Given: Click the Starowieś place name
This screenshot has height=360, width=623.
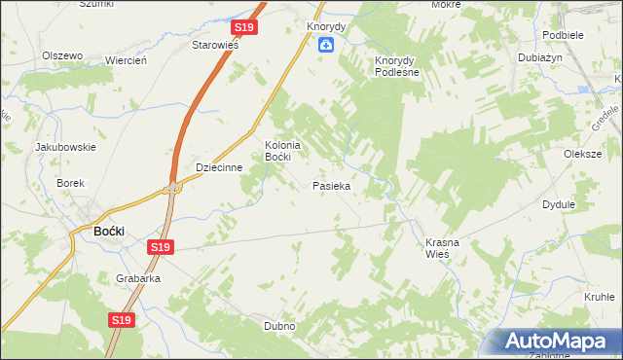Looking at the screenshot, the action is [x=215, y=45].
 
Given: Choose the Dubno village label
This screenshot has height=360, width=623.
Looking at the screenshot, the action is [x=279, y=326].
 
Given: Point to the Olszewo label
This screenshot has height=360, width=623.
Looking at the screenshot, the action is [x=61, y=55].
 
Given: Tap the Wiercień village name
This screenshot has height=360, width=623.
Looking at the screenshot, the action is [x=126, y=60].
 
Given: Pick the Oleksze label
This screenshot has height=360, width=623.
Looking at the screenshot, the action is [x=583, y=154].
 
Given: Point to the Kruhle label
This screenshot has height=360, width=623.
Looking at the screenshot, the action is [x=598, y=297].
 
